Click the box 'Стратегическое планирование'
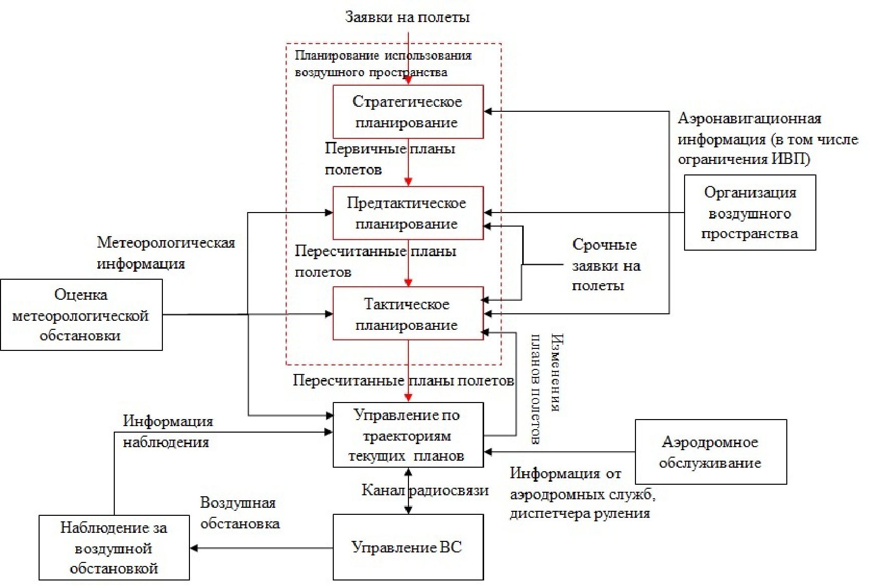tap(408, 112)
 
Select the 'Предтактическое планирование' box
tap(408, 213)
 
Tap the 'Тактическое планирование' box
tap(408, 314)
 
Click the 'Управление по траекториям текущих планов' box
tap(408, 435)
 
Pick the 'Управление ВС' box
tap(408, 547)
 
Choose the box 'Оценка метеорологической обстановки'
tap(81, 315)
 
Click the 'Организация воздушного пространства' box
tap(750, 213)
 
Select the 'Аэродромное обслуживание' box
tap(711, 452)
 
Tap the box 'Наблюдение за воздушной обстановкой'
tap(114, 547)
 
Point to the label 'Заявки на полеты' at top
tap(407, 18)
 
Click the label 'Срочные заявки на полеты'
tap(606, 265)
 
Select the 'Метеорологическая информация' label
tap(165, 253)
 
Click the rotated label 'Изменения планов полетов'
tap(545, 388)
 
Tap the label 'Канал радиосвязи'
tap(425, 490)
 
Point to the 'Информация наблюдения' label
tap(167, 432)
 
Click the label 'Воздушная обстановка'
tap(240, 513)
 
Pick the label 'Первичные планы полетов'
tap(389, 158)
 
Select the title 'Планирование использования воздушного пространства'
tap(383, 64)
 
